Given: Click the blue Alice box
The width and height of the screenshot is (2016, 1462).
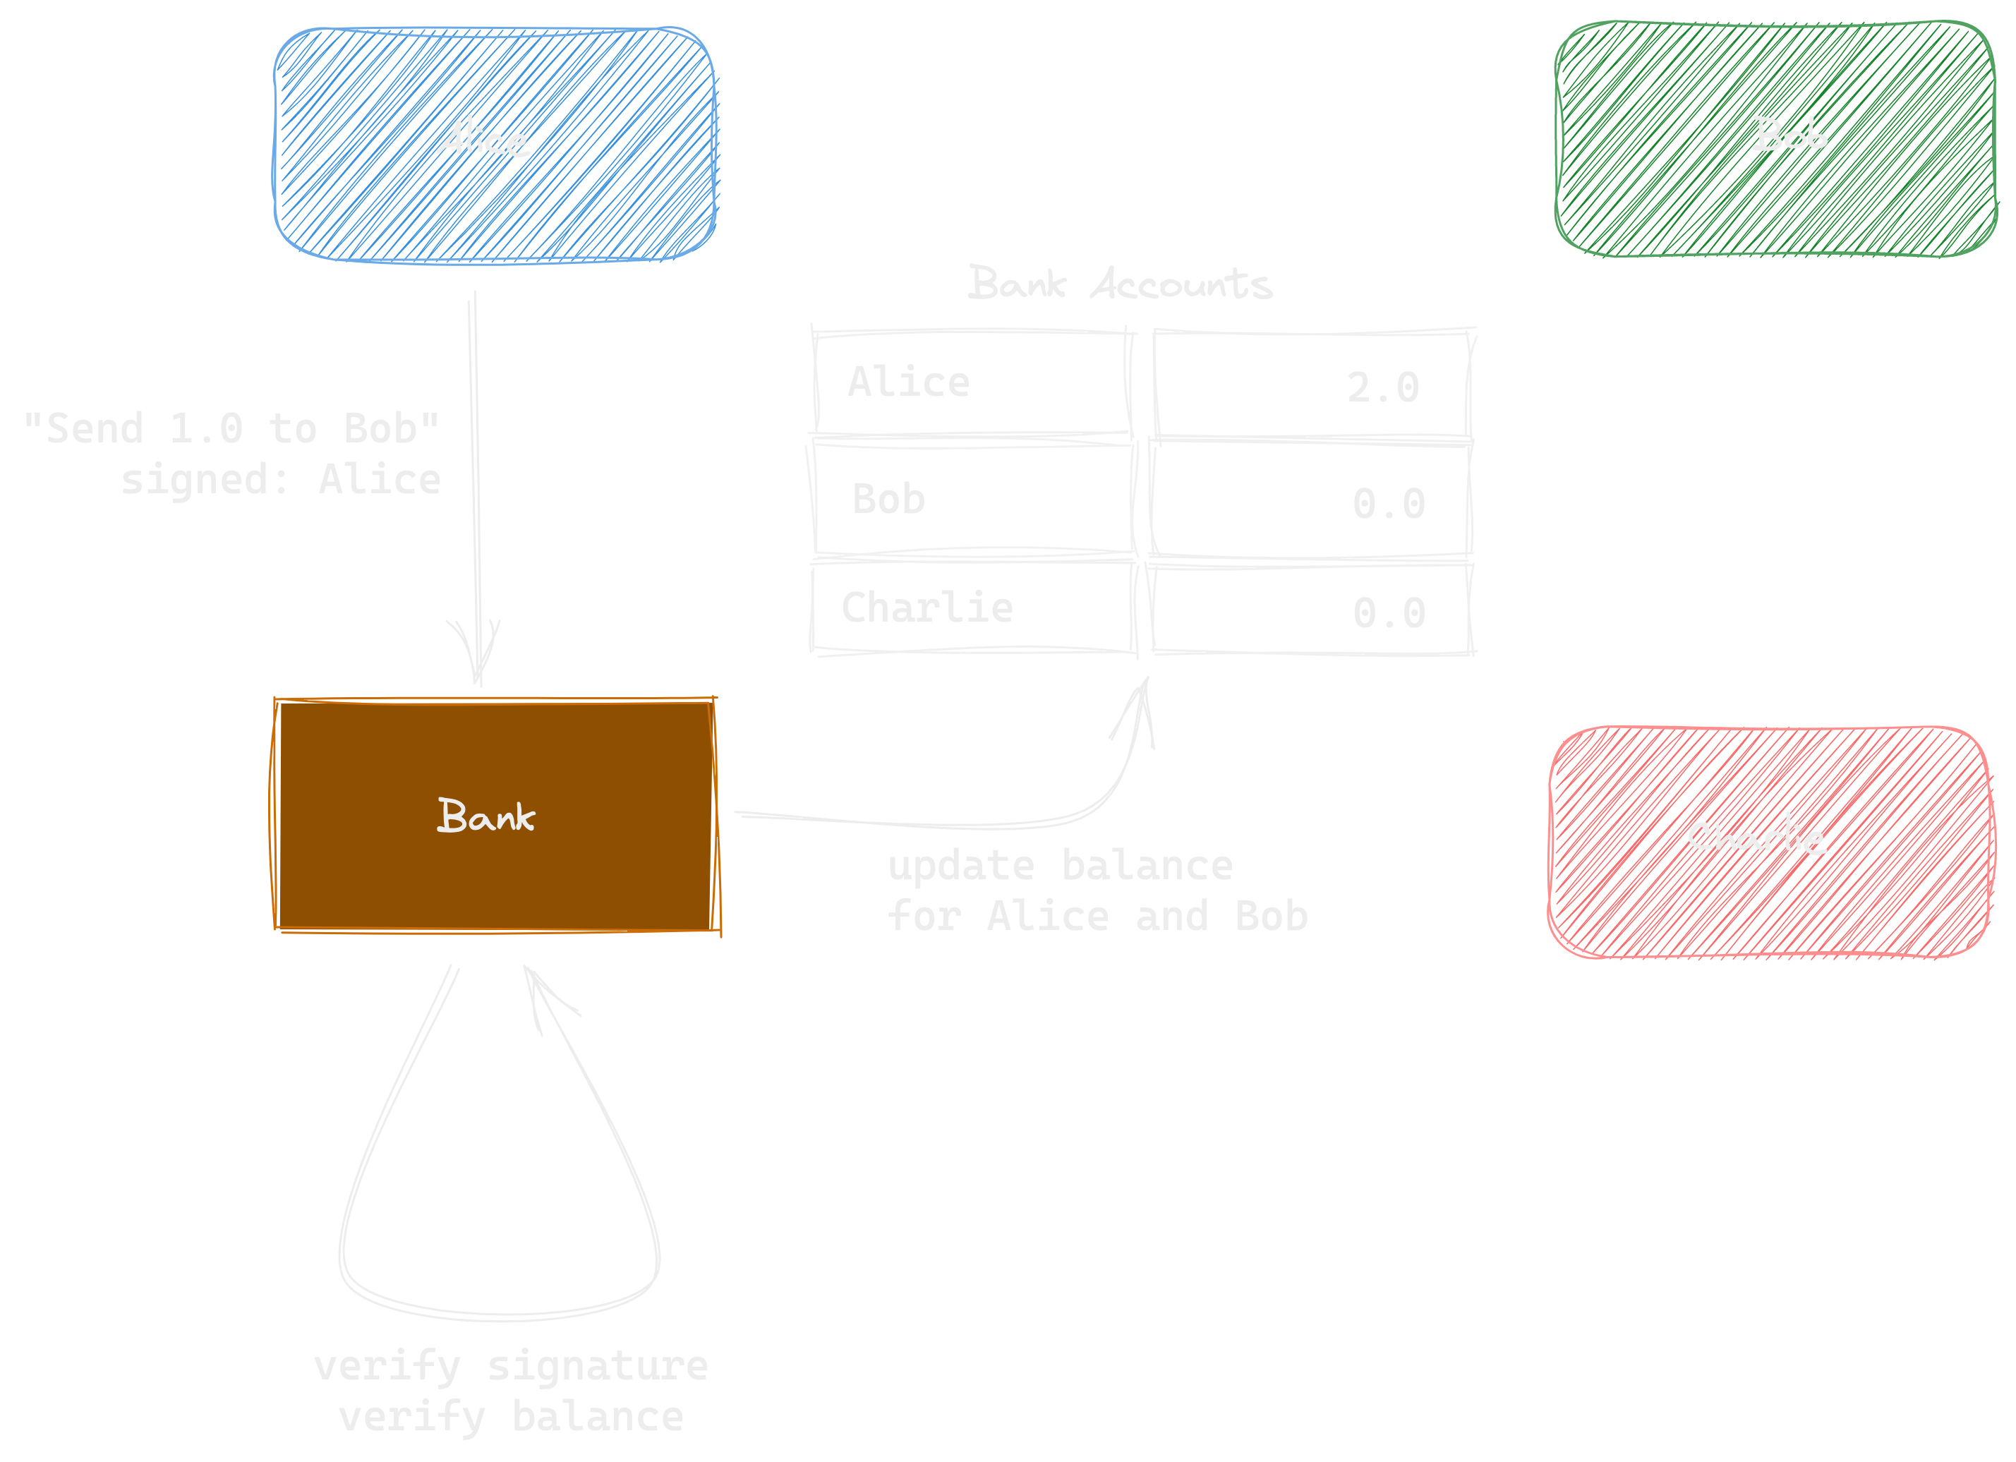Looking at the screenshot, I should pyautogui.click(x=495, y=144).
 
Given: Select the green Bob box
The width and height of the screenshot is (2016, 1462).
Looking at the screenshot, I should pyautogui.click(x=1776, y=138).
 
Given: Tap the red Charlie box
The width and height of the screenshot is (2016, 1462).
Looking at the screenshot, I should pyautogui.click(x=1769, y=842).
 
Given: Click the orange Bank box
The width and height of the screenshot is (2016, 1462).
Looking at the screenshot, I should pyautogui.click(x=495, y=815).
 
